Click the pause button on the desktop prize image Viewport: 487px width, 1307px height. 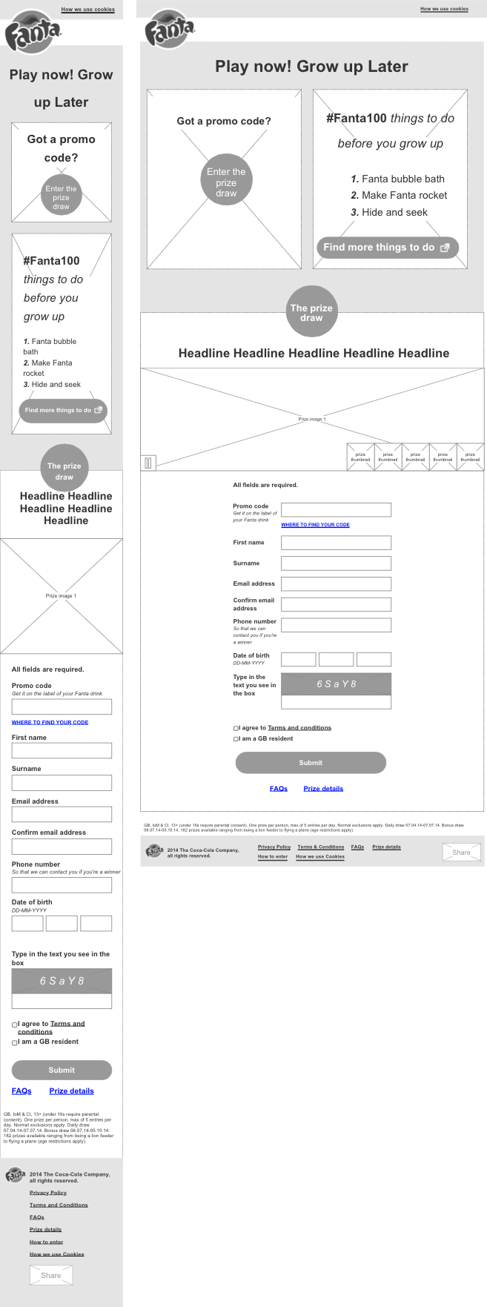148,463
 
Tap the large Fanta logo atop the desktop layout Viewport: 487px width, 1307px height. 170,33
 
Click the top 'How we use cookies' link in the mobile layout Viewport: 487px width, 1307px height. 87,10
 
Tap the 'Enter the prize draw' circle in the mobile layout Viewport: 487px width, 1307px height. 61,198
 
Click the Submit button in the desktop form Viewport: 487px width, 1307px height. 311,763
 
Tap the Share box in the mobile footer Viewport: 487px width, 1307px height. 51,1275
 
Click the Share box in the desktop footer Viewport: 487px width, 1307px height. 461,853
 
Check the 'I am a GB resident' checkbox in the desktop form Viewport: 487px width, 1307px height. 236,739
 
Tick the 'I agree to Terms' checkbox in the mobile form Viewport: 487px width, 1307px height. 14,1025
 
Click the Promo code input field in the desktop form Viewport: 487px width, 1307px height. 336,509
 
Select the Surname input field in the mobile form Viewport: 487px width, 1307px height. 62,782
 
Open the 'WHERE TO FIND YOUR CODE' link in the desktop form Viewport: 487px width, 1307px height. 315,525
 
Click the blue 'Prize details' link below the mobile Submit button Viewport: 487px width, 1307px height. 71,1091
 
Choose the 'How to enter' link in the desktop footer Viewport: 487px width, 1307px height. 273,856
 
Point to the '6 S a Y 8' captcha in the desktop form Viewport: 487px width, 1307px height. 336,684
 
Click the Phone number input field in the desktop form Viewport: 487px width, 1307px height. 336,625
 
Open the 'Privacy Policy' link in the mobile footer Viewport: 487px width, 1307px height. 48,1193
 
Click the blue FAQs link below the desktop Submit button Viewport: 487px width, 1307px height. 279,789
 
